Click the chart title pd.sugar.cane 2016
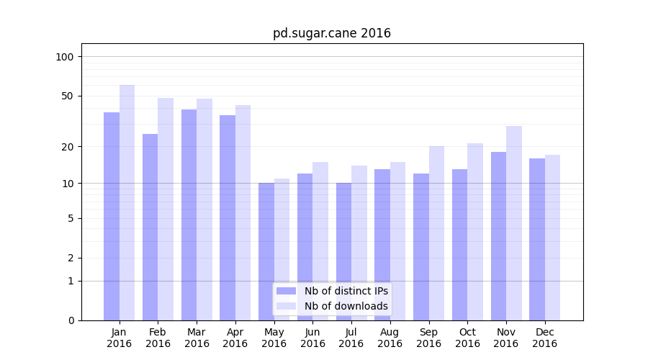pos(332,33)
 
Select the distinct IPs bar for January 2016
pos(112,216)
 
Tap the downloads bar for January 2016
pos(127,202)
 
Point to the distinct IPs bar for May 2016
pos(266,251)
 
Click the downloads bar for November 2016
pos(514,223)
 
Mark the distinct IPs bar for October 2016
pos(459,245)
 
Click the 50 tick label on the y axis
pos(67,96)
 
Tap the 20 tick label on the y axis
pos(67,146)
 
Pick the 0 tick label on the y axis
pos(71,320)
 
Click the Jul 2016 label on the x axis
pos(351,338)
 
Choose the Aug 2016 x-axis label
pos(390,338)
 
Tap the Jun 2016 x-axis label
pos(312,338)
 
